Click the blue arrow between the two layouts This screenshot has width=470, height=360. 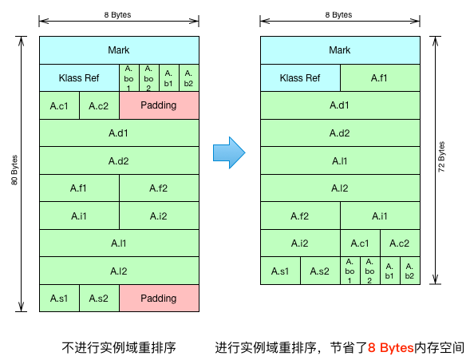[x=229, y=152]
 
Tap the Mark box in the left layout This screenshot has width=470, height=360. [x=119, y=50]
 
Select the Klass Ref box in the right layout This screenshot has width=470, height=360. [x=300, y=78]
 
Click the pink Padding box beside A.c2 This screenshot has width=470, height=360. [x=159, y=105]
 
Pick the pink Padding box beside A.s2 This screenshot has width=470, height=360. [x=159, y=299]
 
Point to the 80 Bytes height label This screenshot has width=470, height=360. [x=14, y=170]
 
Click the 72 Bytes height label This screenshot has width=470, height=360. [x=441, y=156]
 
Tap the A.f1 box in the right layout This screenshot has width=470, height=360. [x=380, y=78]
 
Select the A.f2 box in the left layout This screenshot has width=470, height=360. [x=159, y=188]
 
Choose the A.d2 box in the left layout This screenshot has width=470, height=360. [x=119, y=160]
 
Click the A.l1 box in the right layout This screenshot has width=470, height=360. [x=340, y=160]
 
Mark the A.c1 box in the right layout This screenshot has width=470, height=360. [x=360, y=243]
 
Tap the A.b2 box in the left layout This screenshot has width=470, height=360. [x=189, y=78]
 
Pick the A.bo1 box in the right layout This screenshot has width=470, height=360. [x=350, y=271]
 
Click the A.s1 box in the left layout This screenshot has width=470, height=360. [x=59, y=299]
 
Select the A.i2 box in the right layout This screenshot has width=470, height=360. [x=300, y=243]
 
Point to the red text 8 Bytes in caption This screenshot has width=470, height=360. [x=390, y=348]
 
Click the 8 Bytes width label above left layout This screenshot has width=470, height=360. [x=117, y=14]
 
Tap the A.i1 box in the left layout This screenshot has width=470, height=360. [x=79, y=216]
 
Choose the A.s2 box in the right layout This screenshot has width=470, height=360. [x=320, y=271]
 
